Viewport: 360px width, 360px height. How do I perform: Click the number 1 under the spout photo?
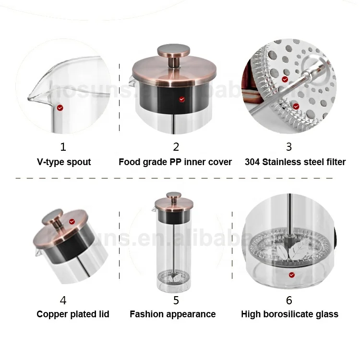click(63, 146)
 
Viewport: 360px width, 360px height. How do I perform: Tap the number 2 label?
click(176, 146)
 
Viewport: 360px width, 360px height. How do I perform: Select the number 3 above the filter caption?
click(288, 146)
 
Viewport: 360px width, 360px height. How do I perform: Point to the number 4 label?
click(63, 300)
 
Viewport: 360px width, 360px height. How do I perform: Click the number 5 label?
click(176, 300)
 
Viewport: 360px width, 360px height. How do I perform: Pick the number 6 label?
click(288, 300)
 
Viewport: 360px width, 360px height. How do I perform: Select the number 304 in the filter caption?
click(252, 162)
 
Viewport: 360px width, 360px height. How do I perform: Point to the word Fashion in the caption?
click(147, 314)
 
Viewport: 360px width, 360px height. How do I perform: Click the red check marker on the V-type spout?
click(60, 108)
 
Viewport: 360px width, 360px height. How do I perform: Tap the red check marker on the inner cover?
click(181, 99)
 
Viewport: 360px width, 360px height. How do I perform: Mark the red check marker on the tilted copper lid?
click(72, 221)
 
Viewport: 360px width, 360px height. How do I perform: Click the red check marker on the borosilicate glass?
click(291, 275)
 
